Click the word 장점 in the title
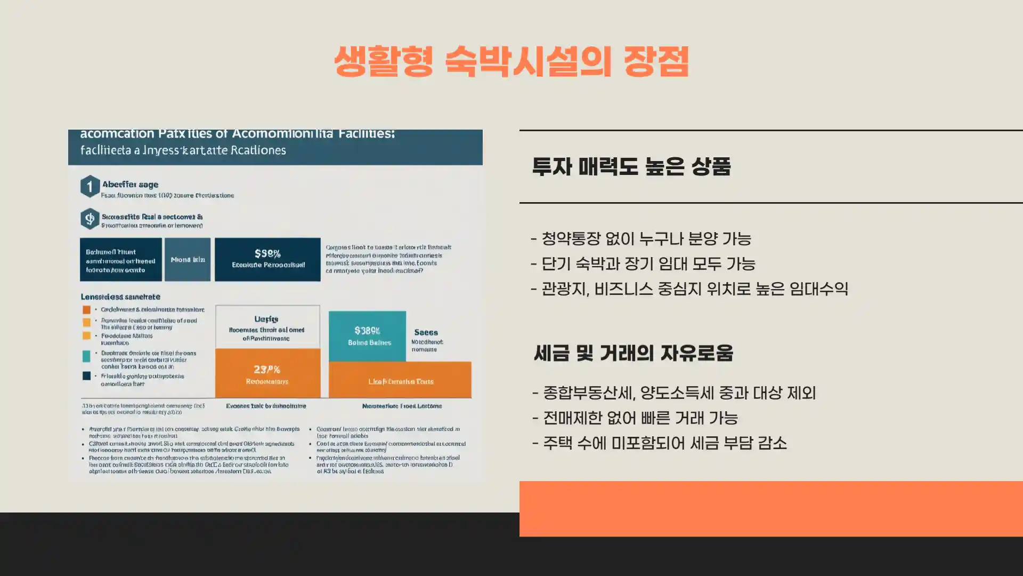point(656,62)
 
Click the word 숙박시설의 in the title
point(527,62)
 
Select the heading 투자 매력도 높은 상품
point(631,167)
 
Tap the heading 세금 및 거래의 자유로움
point(633,353)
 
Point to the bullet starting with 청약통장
point(641,238)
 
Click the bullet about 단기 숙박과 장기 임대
point(643,263)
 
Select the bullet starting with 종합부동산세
point(673,393)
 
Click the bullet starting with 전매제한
point(635,418)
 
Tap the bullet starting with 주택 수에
point(659,443)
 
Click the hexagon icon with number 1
point(90,187)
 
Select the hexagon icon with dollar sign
point(90,219)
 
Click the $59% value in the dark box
point(267,254)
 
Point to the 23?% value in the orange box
point(267,369)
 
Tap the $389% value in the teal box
point(367,331)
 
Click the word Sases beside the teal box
point(426,332)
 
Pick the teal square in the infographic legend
point(86,356)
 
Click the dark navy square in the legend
point(86,376)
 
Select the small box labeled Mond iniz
point(188,260)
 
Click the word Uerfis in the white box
point(266,319)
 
